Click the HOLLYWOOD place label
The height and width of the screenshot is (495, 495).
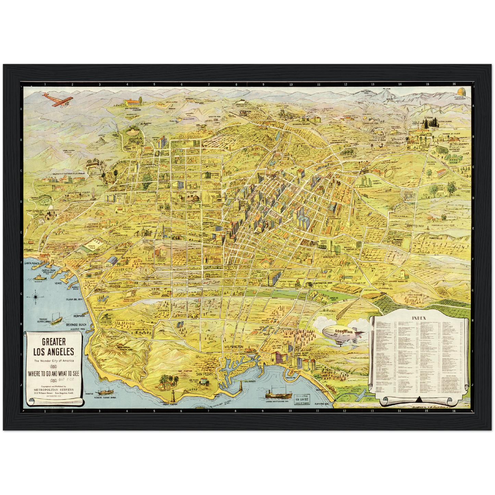pos(189,136)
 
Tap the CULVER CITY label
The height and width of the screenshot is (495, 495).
pos(123,270)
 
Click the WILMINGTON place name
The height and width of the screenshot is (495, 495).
pos(234,347)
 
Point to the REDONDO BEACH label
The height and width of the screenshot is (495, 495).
pos(76,324)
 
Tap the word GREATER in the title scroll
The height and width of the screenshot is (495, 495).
pos(54,342)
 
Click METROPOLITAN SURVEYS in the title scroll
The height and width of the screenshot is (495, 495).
pos(53,389)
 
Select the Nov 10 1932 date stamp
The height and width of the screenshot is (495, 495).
pos(302,399)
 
